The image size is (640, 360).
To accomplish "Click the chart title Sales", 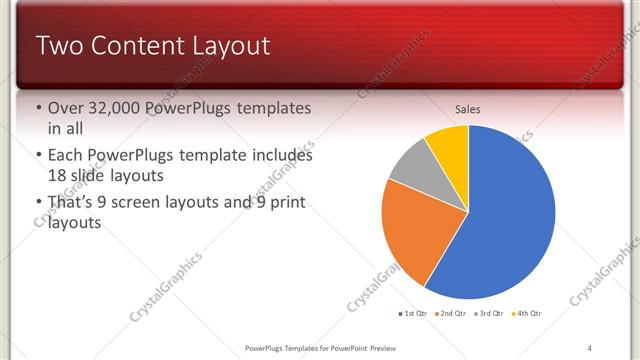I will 468,107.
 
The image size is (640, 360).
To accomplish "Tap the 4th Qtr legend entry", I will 529,314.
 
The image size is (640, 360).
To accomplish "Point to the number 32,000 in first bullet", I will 113,108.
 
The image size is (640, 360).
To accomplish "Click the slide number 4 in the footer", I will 589,347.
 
